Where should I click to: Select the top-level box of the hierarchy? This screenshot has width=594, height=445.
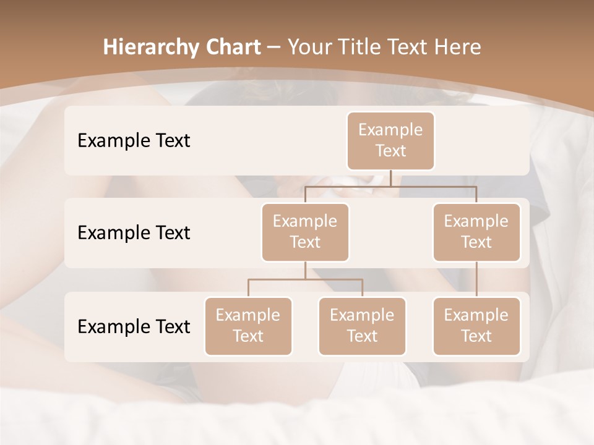tap(390, 141)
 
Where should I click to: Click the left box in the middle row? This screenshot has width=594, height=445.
tap(305, 232)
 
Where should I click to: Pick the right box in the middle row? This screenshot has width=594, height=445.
tap(476, 232)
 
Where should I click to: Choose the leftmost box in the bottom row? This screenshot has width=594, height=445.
tap(248, 326)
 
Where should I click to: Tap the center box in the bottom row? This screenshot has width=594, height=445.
tap(362, 326)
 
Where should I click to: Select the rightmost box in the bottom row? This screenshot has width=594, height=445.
tap(476, 326)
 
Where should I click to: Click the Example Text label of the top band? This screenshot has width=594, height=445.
tap(134, 141)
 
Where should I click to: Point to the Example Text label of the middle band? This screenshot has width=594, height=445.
tap(134, 233)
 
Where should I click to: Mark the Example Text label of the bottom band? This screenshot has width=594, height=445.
tap(134, 326)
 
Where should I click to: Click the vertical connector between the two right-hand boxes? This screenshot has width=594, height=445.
tap(476, 279)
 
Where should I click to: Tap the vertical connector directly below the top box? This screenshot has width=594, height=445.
tap(390, 178)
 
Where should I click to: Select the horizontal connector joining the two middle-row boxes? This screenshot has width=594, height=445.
tap(390, 185)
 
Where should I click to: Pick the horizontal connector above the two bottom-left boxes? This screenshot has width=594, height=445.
tap(305, 279)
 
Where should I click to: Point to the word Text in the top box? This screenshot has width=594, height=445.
tap(390, 151)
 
